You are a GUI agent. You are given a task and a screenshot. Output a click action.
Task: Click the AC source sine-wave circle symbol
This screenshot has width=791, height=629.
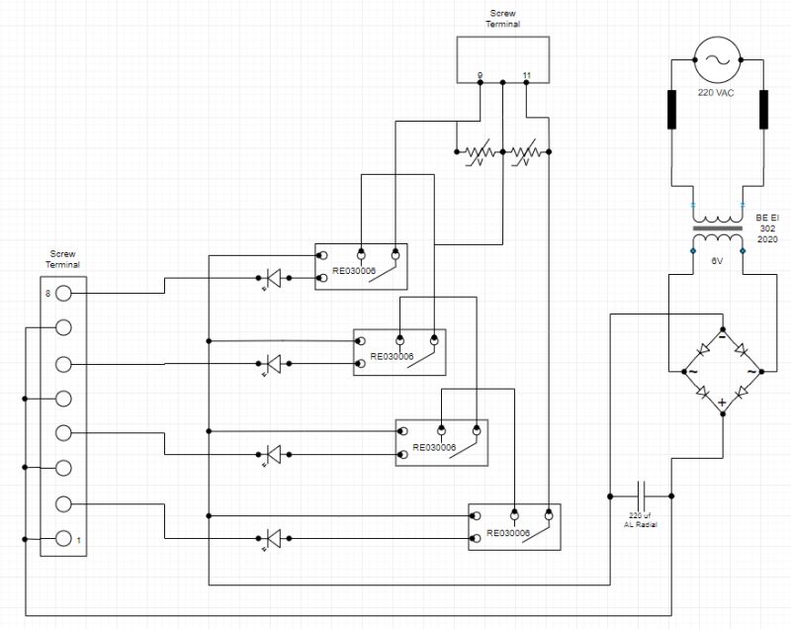[717, 60]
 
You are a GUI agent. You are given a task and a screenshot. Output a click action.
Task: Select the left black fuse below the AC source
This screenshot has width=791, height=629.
[671, 110]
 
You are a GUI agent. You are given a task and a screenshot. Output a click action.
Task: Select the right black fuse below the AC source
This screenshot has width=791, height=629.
[763, 110]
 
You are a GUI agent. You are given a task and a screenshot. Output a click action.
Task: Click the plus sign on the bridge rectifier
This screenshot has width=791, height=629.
[722, 403]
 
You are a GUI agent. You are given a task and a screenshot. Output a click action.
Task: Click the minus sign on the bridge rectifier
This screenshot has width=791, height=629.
[722, 335]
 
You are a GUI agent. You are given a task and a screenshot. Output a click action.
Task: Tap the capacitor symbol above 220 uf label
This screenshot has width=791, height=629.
[641, 494]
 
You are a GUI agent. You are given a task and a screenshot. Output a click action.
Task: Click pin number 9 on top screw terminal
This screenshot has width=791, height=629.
[481, 76]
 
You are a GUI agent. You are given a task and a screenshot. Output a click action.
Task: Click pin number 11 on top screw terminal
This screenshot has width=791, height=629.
[526, 76]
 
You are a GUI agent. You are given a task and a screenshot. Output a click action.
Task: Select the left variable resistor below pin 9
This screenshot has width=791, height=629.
[480, 152]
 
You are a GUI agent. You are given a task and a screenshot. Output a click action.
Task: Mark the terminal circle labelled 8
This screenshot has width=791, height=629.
[63, 293]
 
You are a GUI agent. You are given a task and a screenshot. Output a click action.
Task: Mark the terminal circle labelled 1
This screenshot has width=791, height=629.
[63, 539]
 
